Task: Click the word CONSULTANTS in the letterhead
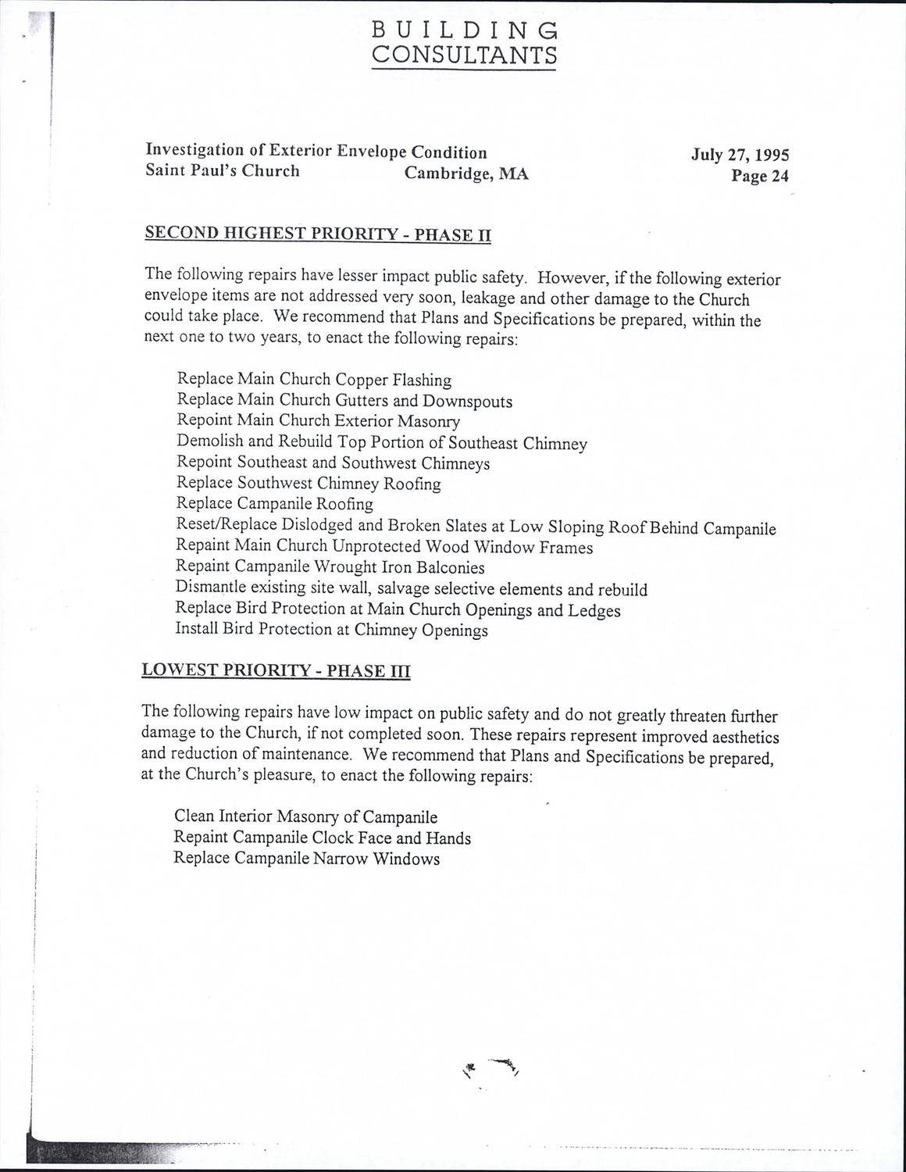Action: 464,55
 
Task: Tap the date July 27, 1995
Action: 740,154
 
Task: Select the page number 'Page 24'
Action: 759,176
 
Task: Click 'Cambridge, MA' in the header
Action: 466,173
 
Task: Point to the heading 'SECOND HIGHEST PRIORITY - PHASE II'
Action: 318,234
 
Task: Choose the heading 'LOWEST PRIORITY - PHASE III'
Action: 276,670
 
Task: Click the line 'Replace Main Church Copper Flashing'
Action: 314,380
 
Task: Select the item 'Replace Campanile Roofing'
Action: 275,504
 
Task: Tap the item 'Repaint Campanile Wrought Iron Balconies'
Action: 330,567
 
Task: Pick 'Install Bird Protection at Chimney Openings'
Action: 332,630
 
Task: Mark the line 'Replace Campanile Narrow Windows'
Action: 306,859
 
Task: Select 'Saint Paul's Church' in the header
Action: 223,171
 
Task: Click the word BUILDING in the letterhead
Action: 464,29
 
